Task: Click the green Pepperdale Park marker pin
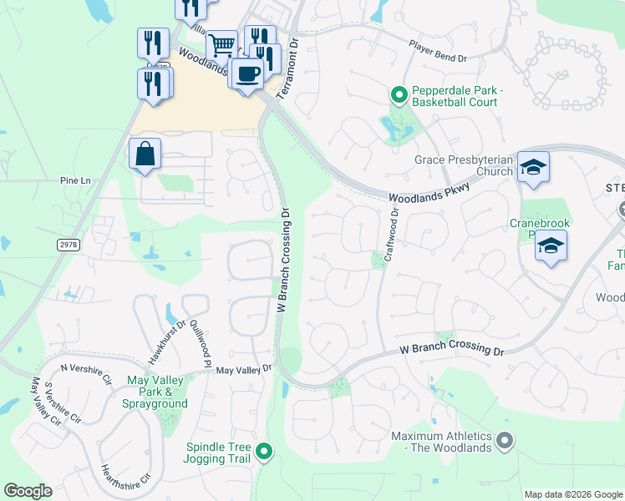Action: click(x=399, y=96)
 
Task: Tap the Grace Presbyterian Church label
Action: click(x=463, y=165)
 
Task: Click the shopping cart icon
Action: click(x=221, y=44)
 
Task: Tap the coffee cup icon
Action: click(x=247, y=73)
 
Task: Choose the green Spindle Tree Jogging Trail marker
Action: click(x=264, y=453)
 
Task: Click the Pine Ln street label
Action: click(x=74, y=180)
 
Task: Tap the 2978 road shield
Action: click(x=70, y=243)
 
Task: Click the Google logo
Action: click(x=28, y=491)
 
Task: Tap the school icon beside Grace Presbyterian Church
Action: click(x=532, y=168)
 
